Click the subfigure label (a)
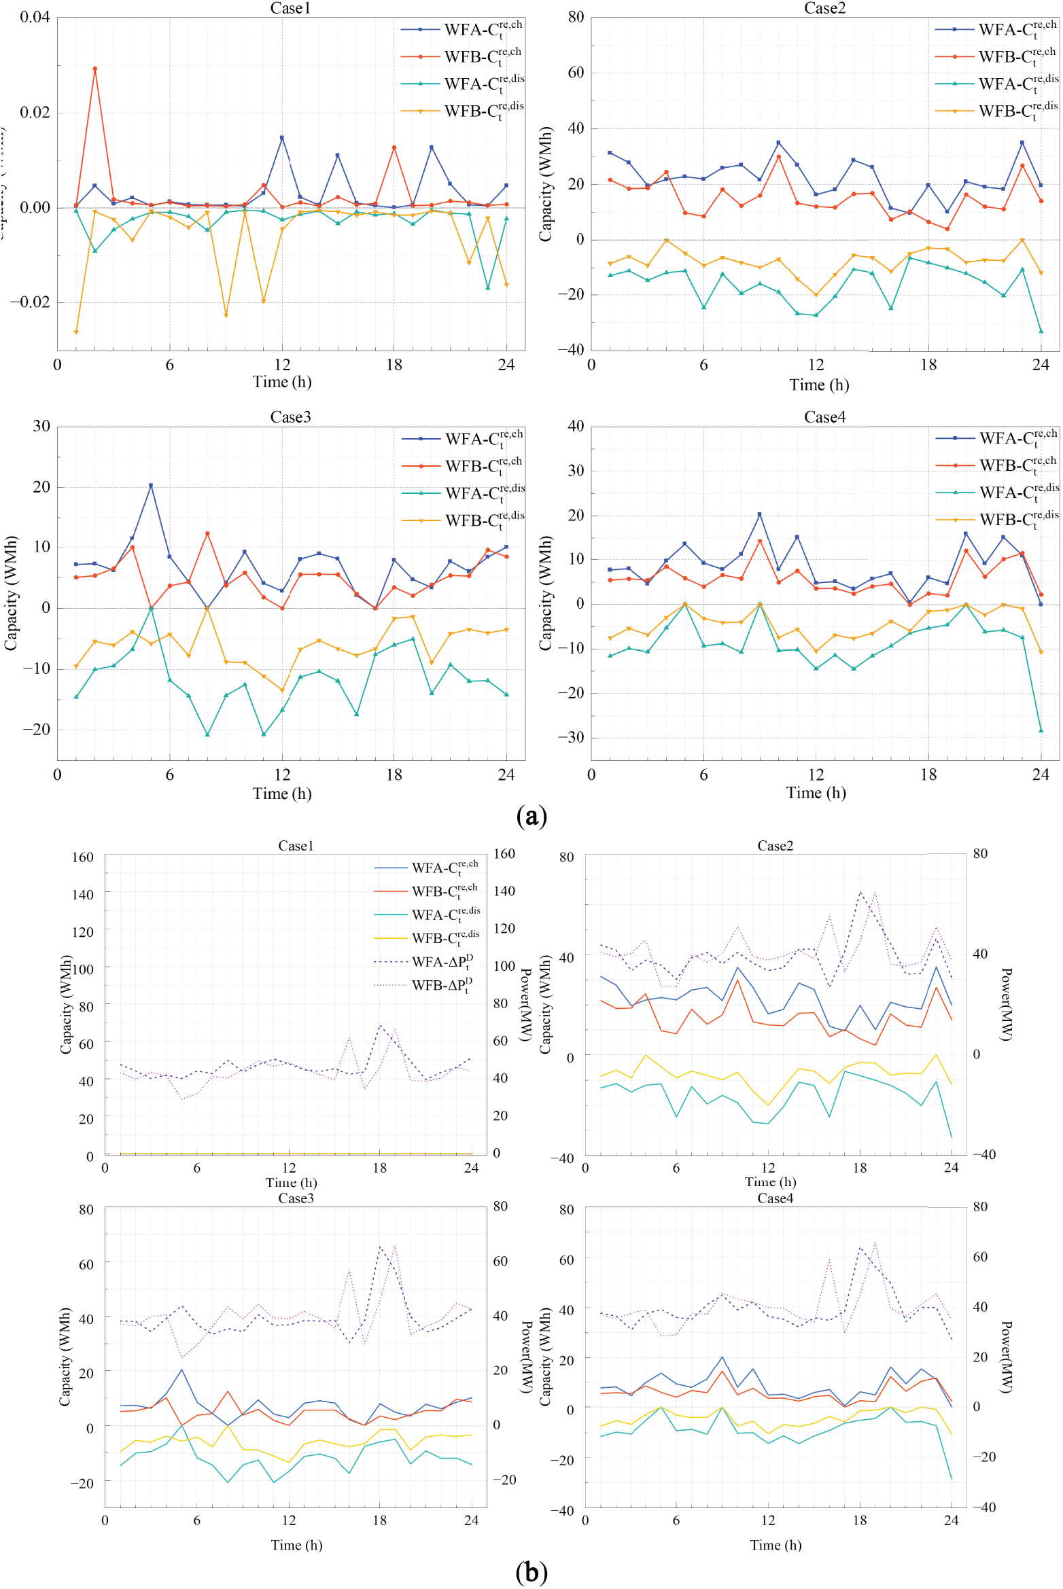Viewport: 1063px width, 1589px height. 531,816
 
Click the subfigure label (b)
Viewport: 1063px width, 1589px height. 531,1572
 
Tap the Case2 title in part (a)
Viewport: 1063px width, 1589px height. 824,8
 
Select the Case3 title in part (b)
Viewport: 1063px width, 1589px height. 296,1198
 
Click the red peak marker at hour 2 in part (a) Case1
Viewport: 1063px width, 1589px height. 94,69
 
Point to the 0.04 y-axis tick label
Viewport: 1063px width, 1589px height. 35,17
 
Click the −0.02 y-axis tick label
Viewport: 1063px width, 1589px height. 30,302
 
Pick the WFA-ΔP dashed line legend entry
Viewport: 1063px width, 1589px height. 442,961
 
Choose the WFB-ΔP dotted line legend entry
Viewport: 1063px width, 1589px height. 442,985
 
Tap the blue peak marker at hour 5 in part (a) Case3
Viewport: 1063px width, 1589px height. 151,486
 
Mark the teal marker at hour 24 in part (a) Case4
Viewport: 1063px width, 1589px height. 1041,730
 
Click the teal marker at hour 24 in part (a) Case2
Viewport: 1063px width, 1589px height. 1041,331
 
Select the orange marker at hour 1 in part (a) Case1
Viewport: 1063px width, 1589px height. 76,332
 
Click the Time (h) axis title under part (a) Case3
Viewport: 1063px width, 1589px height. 282,793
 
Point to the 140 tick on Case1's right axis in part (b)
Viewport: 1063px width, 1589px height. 504,891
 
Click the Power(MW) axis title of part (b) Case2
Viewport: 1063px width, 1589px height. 1006,1004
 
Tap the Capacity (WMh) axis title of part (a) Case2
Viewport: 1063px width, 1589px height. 545,183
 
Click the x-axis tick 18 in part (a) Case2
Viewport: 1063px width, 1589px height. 928,365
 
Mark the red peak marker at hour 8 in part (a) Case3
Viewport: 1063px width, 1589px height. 207,534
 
